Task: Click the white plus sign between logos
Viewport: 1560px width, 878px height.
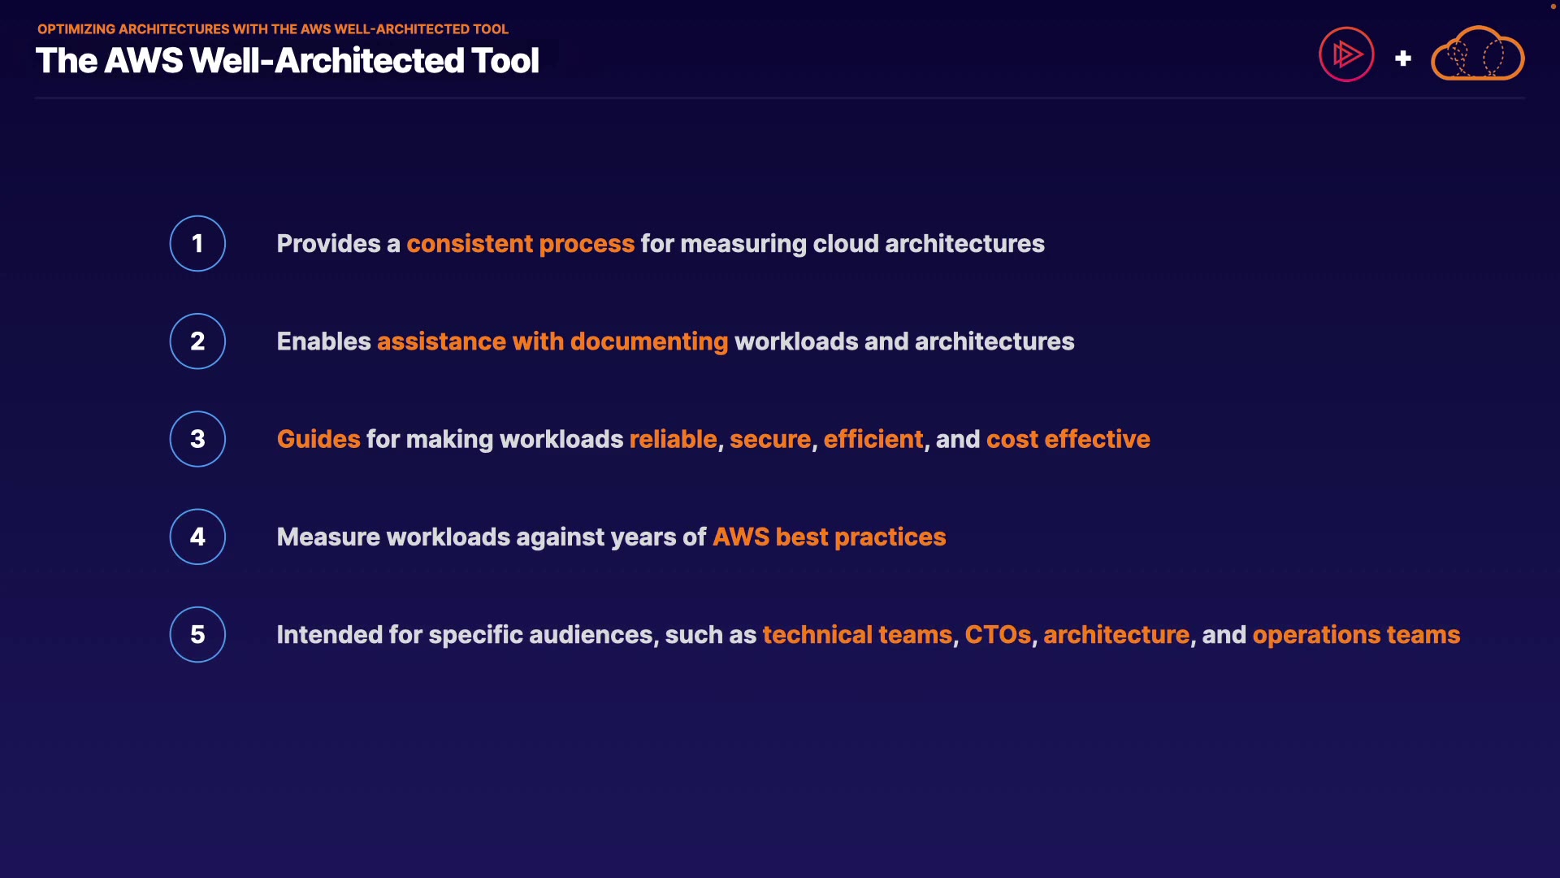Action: click(x=1403, y=59)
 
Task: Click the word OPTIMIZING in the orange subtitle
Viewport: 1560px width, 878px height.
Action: click(x=76, y=29)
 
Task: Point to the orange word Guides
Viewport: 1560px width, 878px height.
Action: click(x=318, y=439)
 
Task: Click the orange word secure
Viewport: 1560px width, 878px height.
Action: click(x=770, y=440)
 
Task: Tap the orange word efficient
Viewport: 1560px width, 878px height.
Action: click(x=873, y=439)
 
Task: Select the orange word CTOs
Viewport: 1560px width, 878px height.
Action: click(x=998, y=635)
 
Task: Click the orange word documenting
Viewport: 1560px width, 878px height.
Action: click(x=649, y=342)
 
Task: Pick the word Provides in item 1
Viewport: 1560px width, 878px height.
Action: click(x=328, y=244)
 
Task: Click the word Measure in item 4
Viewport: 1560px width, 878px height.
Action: click(x=328, y=537)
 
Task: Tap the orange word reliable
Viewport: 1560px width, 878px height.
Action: click(x=673, y=439)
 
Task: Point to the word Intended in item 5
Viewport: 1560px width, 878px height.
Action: click(x=329, y=635)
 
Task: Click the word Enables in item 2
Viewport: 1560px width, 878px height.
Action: click(x=323, y=341)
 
